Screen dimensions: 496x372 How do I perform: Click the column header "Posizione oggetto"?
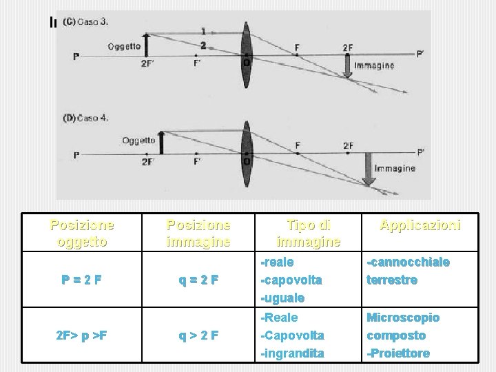(x=82, y=233)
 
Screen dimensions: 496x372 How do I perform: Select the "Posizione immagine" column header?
(x=198, y=233)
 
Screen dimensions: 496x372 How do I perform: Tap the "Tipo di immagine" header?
(x=308, y=233)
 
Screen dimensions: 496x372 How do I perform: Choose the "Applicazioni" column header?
(x=420, y=225)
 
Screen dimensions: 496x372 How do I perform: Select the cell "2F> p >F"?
(x=82, y=335)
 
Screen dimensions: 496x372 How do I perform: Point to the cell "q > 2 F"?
(x=198, y=335)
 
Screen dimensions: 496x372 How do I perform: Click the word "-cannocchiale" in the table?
(x=409, y=262)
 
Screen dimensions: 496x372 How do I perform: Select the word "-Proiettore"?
(x=398, y=353)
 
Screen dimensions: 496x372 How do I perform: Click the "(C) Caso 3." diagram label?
(x=85, y=21)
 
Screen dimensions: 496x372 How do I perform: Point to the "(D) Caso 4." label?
(x=85, y=118)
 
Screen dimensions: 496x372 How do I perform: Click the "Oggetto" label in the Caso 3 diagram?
(x=124, y=46)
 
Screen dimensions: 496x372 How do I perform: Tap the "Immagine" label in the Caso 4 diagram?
(x=394, y=168)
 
